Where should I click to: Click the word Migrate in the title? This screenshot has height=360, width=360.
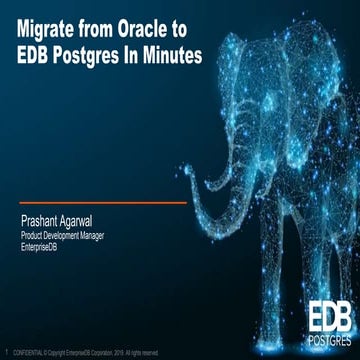point(51,31)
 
